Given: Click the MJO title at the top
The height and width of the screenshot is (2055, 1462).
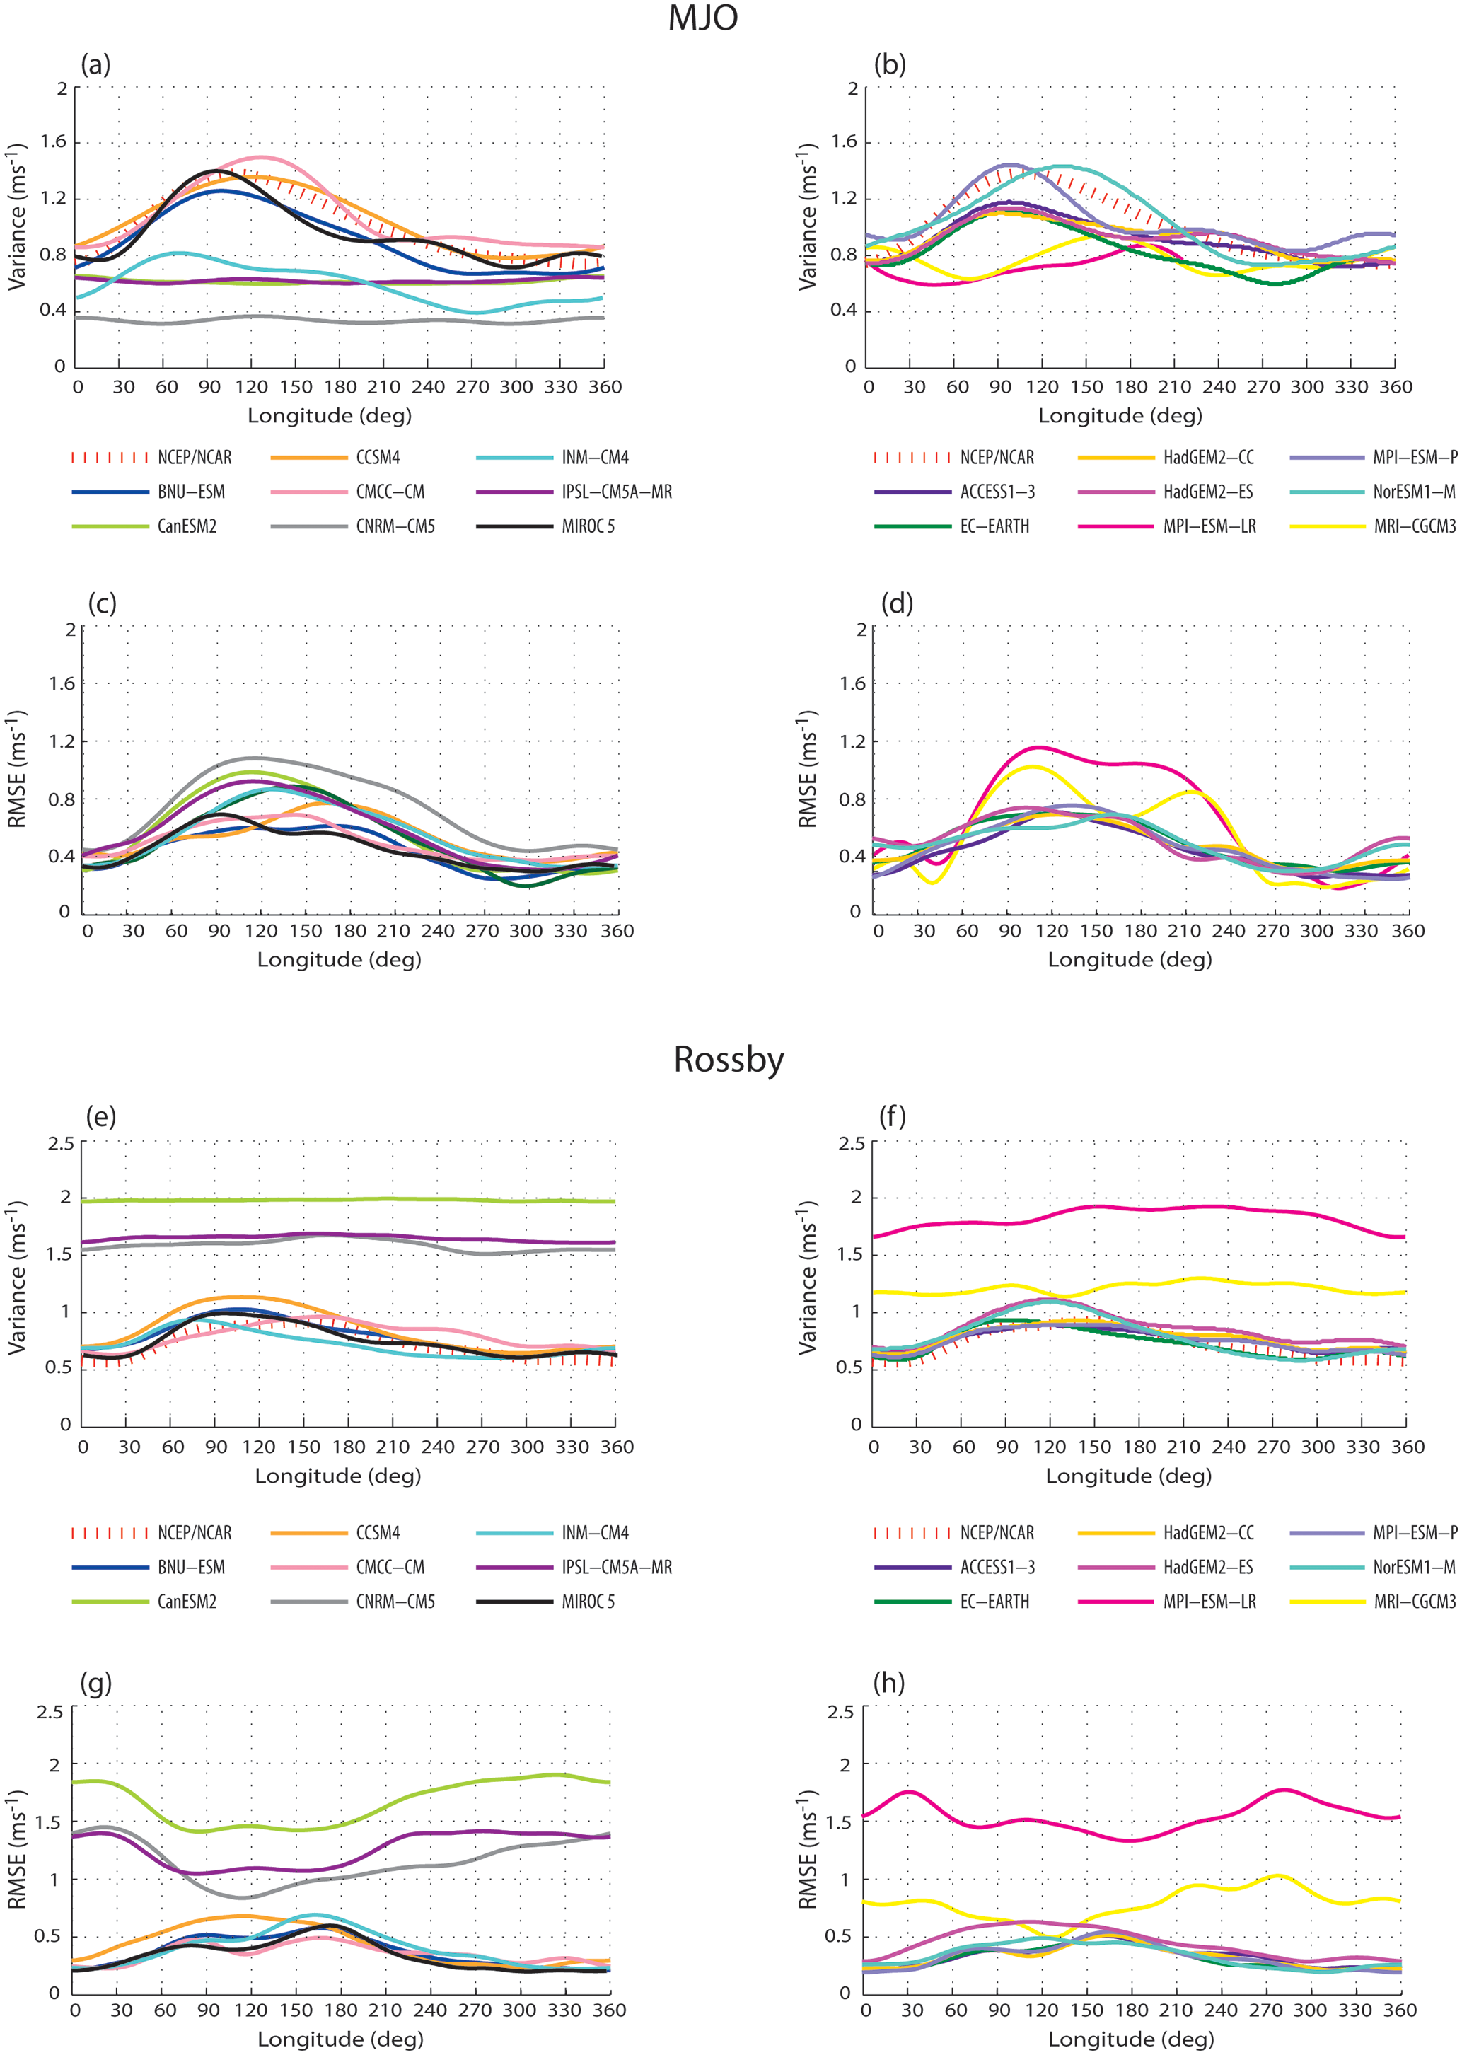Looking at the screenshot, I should [703, 18].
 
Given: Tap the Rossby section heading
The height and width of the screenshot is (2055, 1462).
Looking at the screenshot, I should [729, 1060].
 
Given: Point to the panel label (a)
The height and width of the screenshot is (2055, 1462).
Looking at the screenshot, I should [95, 65].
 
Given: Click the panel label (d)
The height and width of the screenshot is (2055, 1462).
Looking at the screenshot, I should [897, 603].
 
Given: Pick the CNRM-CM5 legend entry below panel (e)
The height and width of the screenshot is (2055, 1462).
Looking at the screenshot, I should [395, 1602].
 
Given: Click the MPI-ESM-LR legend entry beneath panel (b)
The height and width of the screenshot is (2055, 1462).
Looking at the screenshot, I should [1209, 526].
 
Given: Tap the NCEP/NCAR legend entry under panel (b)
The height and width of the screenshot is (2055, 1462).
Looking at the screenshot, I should [997, 457].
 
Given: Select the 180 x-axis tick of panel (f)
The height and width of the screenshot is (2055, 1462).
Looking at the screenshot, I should [1139, 1447].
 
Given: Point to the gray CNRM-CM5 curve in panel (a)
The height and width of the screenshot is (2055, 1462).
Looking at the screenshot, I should [360, 321].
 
